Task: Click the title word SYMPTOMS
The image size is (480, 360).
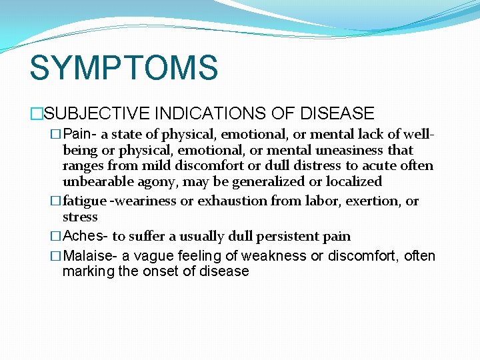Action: click(x=123, y=68)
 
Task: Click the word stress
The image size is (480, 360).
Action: click(x=80, y=217)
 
